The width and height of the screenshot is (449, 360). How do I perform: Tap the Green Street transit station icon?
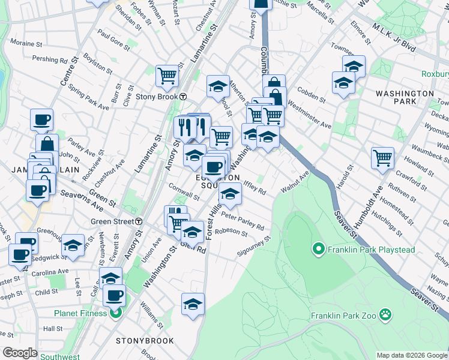139,221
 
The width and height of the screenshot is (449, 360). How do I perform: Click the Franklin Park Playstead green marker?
318,247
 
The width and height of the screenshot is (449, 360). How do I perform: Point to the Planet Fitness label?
80,313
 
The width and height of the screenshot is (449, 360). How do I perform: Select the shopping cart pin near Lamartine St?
167,76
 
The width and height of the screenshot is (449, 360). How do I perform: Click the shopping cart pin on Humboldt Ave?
382,158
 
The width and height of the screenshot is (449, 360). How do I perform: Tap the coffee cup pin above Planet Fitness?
114,295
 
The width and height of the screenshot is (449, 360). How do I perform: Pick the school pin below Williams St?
193,304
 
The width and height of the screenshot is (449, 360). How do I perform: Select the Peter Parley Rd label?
243,221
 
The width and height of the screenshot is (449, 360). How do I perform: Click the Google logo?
20,353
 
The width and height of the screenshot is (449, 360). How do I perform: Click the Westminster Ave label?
310,118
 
